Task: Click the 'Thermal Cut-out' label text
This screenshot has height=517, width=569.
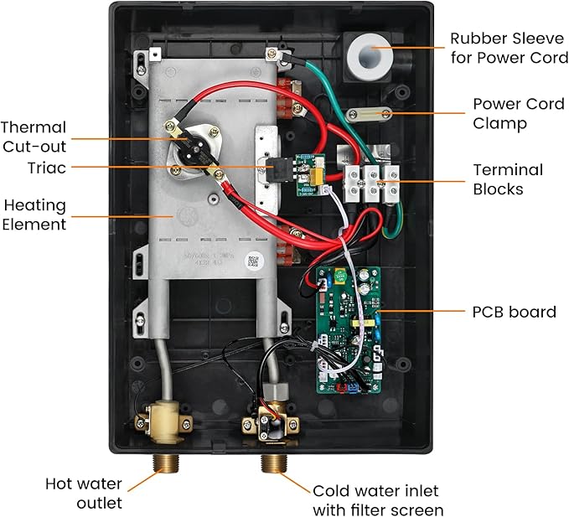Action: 34,137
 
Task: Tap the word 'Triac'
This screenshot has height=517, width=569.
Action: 42,168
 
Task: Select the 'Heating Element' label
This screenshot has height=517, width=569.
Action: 34,215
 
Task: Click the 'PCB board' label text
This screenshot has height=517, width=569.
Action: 514,312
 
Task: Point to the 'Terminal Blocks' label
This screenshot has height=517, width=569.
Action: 508,179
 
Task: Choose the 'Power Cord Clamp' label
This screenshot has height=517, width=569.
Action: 511,114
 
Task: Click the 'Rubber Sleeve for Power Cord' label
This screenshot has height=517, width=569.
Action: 509,48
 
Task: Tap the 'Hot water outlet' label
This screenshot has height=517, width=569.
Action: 84,494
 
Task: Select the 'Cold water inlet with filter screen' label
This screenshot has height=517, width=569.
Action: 377,500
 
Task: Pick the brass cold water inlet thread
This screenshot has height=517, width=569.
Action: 272,465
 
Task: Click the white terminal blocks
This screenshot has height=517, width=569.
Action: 367,184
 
